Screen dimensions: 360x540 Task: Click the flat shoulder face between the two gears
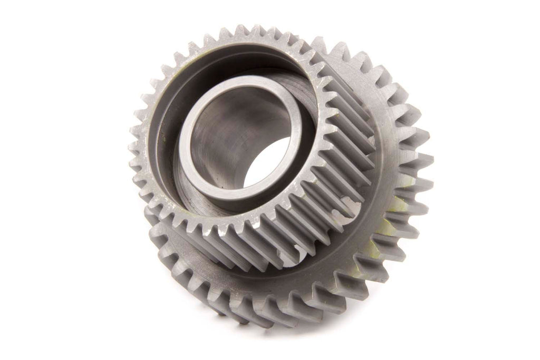[x=274, y=274]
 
